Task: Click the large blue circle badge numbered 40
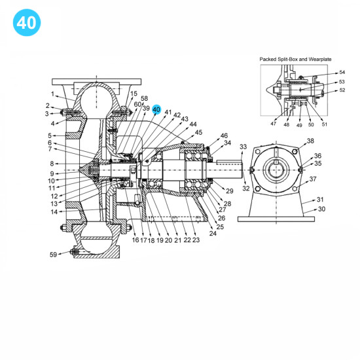click(x=26, y=22)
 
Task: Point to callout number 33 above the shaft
click(x=243, y=147)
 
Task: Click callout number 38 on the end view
click(x=310, y=141)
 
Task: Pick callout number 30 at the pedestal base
click(x=321, y=209)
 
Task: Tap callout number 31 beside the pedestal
click(x=320, y=199)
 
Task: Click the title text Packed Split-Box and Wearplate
click(x=297, y=59)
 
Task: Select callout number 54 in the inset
click(x=342, y=73)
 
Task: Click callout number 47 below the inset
click(x=274, y=123)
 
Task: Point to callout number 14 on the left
click(x=54, y=211)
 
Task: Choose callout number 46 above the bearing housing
click(x=224, y=135)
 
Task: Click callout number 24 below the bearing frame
click(x=213, y=233)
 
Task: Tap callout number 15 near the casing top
click(x=134, y=94)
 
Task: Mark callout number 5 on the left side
click(x=49, y=135)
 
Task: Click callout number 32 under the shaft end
click(x=246, y=189)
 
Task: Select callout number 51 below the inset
click(x=325, y=123)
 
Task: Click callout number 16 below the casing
click(x=135, y=240)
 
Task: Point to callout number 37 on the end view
click(x=313, y=179)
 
